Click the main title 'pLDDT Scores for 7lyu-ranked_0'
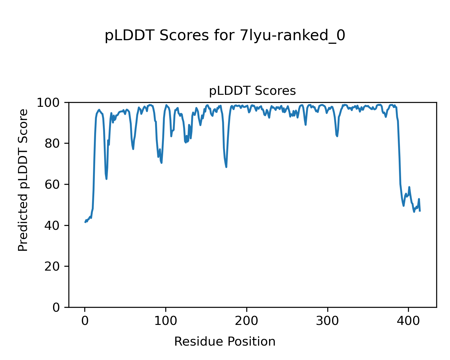225,36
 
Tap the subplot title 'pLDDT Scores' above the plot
252,91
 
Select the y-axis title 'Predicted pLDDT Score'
23,180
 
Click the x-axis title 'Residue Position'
225,342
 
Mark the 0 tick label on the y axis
56,307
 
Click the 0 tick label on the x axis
85,321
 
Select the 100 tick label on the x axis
166,321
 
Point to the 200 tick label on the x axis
247,321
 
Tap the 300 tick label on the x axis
328,321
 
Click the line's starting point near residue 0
85,222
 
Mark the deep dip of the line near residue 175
226,167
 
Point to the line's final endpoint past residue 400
420,211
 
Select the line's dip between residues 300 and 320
337,136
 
